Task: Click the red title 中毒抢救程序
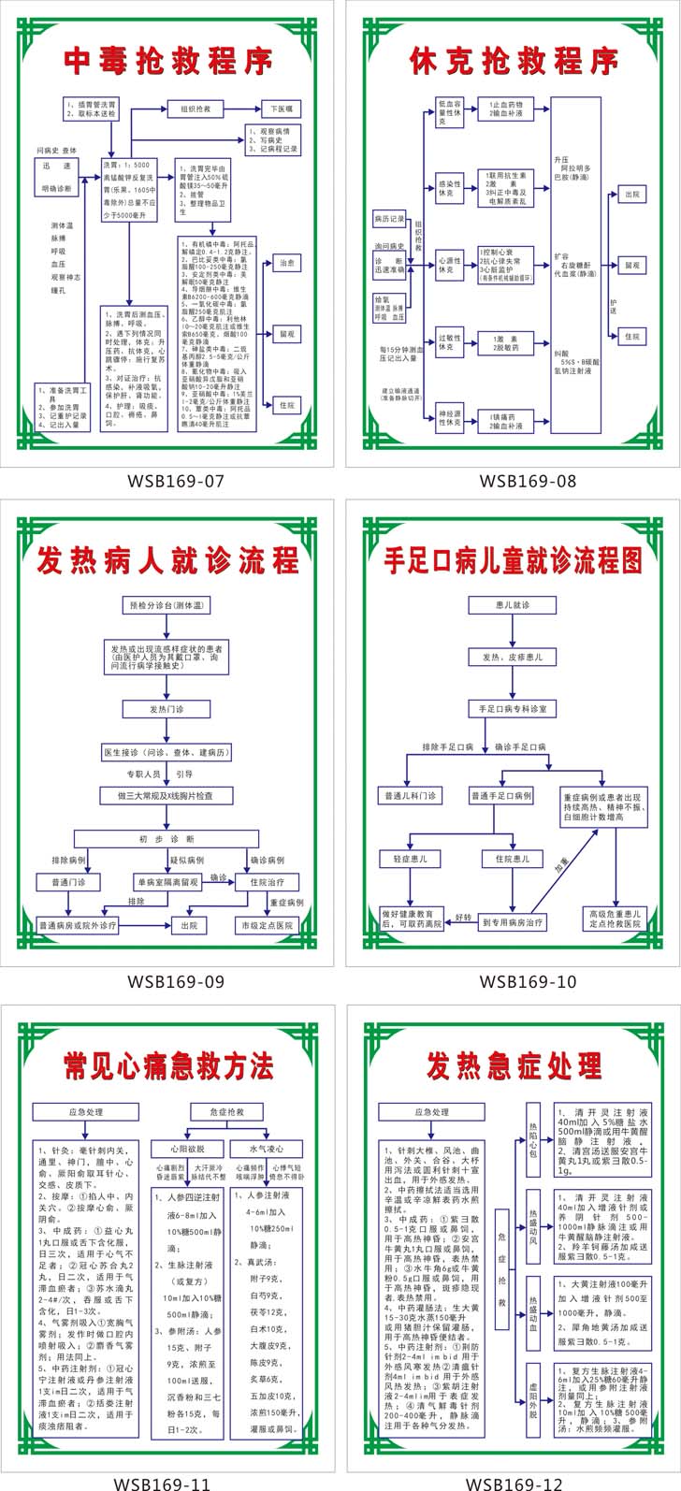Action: [168, 61]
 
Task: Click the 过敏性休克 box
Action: [449, 342]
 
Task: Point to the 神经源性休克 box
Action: [449, 418]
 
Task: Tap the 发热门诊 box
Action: [167, 709]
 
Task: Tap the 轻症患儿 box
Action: [409, 859]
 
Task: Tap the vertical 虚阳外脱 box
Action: [533, 1397]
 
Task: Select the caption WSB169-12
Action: [514, 1483]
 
